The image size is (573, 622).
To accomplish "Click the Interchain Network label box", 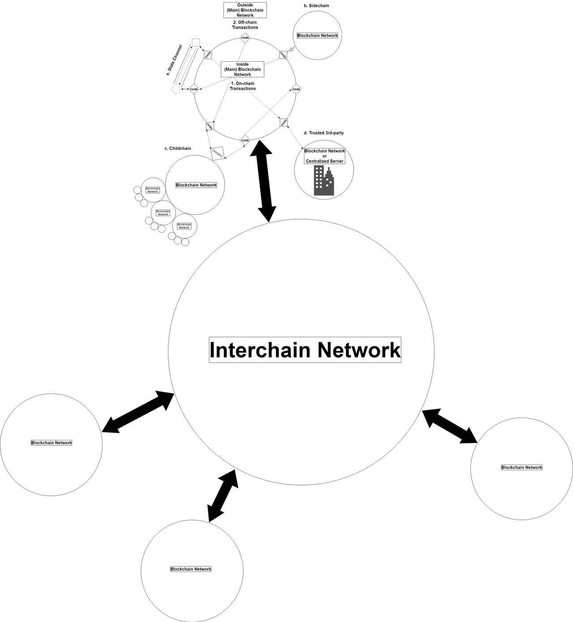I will point(305,350).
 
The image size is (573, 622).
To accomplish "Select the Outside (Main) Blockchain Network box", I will point(245,10).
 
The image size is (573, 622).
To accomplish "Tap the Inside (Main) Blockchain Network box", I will point(242,69).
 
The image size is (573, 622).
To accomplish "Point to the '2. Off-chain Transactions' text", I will point(245,25).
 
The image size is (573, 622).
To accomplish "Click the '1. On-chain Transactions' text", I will point(243,86).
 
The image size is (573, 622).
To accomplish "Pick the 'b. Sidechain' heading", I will point(316,6).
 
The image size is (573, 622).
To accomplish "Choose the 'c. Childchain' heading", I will point(178,149).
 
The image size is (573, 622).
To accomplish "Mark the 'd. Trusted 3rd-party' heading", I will point(324,133).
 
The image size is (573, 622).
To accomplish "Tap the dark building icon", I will point(324,181).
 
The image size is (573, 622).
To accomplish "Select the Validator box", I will point(218,153).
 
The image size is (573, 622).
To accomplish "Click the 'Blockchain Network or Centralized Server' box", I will point(325,156).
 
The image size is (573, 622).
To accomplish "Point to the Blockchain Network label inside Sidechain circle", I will point(317,35).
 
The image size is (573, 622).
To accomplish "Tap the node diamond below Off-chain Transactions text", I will point(245,38).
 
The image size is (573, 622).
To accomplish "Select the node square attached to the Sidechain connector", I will point(283,55).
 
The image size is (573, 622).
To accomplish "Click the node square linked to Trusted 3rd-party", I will point(284,122).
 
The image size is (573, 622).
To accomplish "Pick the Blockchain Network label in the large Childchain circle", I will point(196,185).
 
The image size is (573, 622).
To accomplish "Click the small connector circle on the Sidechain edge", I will point(291,50).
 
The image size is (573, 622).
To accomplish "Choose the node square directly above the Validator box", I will point(210,126).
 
